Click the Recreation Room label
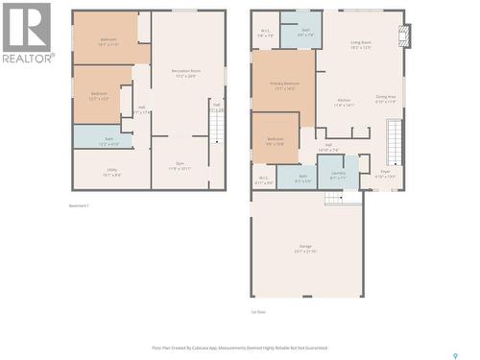[x=185, y=73]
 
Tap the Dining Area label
[x=386, y=99]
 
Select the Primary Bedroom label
[x=285, y=85]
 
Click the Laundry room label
[x=338, y=177]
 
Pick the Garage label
[x=305, y=249]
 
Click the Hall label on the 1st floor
[x=327, y=149]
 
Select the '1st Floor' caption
[x=257, y=312]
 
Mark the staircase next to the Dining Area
[x=393, y=141]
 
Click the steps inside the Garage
[x=333, y=197]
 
